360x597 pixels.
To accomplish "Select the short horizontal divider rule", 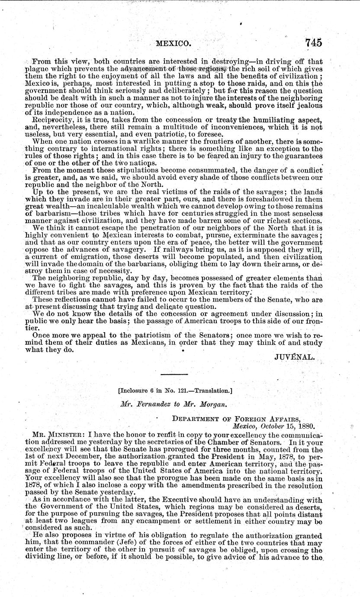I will click(x=174, y=374).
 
